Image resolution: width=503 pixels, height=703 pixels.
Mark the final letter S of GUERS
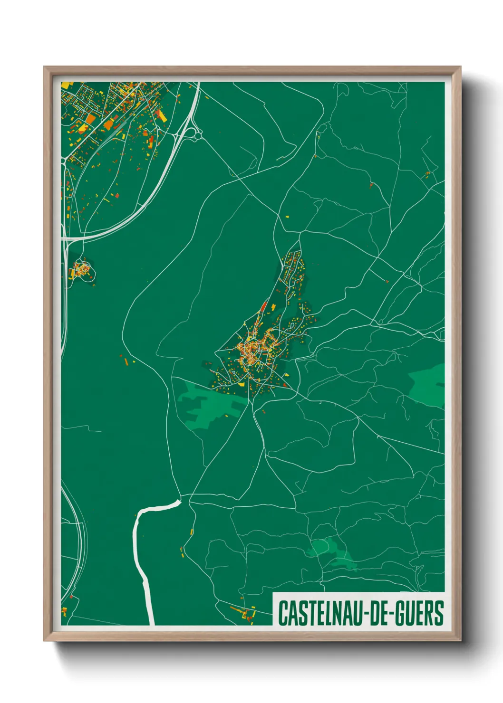(x=439, y=613)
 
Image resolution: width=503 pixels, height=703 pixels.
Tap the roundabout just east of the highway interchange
(x=198, y=135)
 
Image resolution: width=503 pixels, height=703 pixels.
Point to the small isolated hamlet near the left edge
(x=81, y=271)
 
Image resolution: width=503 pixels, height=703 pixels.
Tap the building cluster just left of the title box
(x=245, y=613)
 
